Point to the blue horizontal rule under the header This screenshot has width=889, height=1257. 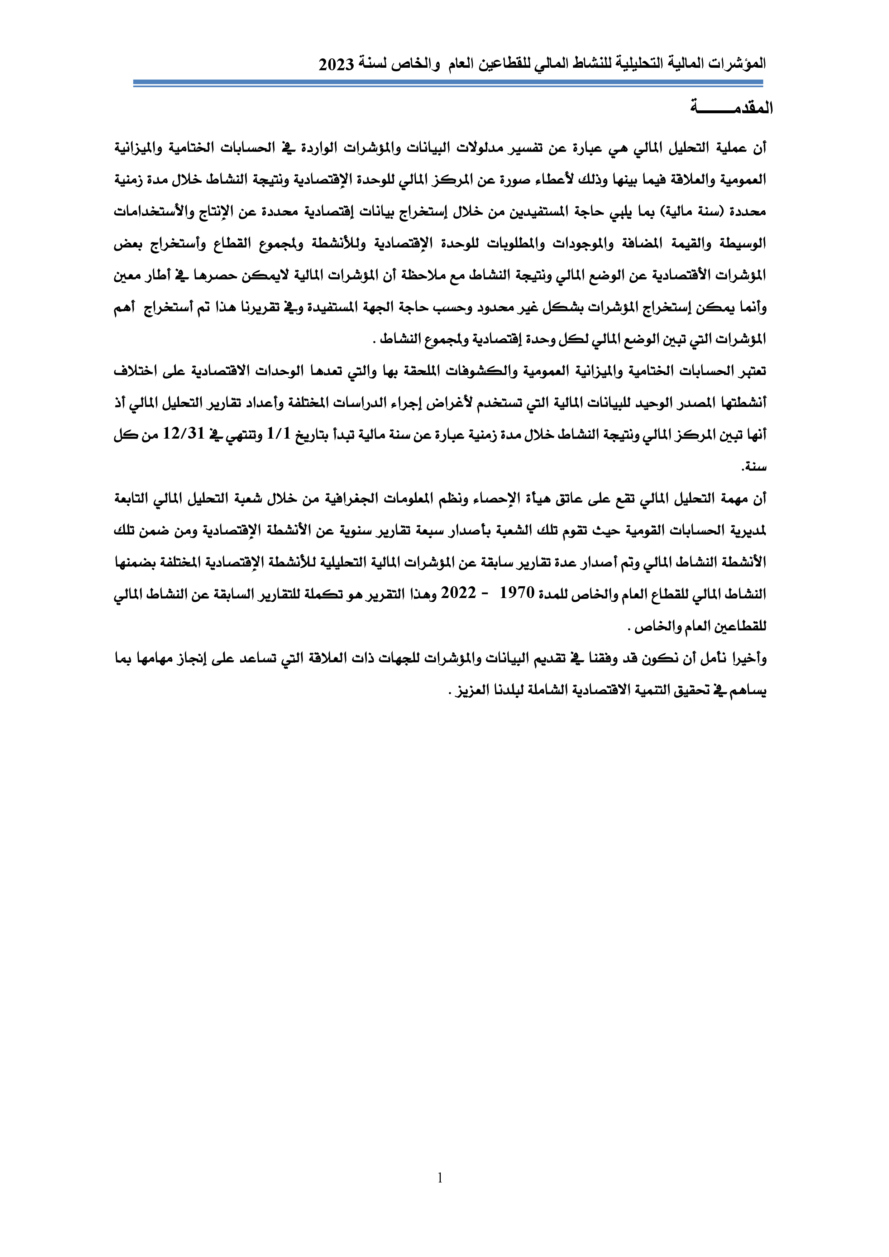(448, 83)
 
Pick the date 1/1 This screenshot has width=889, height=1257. (278, 434)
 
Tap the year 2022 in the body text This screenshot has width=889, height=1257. (458, 593)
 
